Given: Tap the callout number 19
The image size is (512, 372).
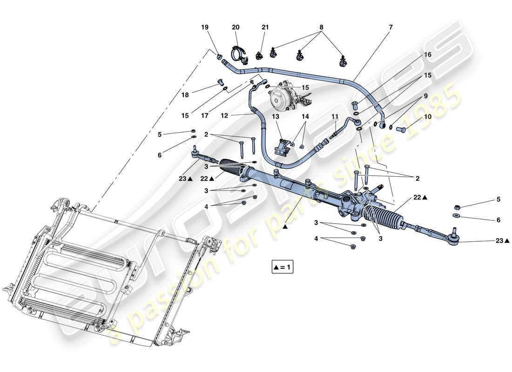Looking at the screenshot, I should tap(205, 27).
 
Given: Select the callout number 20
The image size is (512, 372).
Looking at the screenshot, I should tap(236, 27).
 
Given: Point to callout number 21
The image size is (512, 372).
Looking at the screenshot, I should tap(265, 27).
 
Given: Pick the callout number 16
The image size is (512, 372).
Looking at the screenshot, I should tap(427, 54).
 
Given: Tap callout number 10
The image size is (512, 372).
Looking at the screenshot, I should tap(427, 117).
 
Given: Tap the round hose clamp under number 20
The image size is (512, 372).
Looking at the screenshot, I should tap(237, 55).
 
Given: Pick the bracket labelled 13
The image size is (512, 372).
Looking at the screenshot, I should tap(281, 146).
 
